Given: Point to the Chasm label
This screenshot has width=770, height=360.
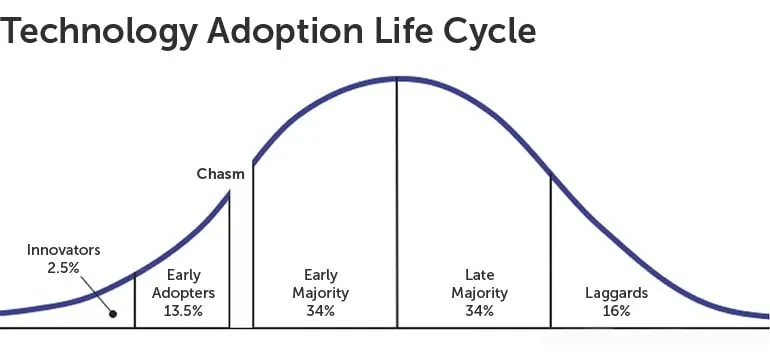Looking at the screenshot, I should pos(220,174).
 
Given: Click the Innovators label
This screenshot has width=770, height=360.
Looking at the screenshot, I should pos(63,250).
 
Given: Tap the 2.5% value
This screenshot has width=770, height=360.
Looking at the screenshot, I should pos(63,267).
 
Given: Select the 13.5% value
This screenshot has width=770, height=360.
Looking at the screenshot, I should pos(183,311).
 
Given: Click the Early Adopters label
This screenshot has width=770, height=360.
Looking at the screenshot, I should pos(183,283).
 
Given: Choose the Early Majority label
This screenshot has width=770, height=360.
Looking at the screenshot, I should pos(320,283).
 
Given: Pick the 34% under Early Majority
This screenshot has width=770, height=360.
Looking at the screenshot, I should pos(320,311).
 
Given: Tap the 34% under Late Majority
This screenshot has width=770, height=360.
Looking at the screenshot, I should pos(479,311).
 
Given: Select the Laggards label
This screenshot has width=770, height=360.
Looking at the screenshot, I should pos(616,293).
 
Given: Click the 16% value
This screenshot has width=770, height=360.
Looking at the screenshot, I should pos(616,311).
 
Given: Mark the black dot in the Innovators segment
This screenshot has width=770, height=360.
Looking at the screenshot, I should pos(113,314).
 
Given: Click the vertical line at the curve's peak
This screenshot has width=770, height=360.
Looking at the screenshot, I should pos(397,200).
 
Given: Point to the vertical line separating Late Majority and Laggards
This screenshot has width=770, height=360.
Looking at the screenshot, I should pos(551,250).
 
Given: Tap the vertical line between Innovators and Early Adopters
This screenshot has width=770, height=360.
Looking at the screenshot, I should pos(135,300).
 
